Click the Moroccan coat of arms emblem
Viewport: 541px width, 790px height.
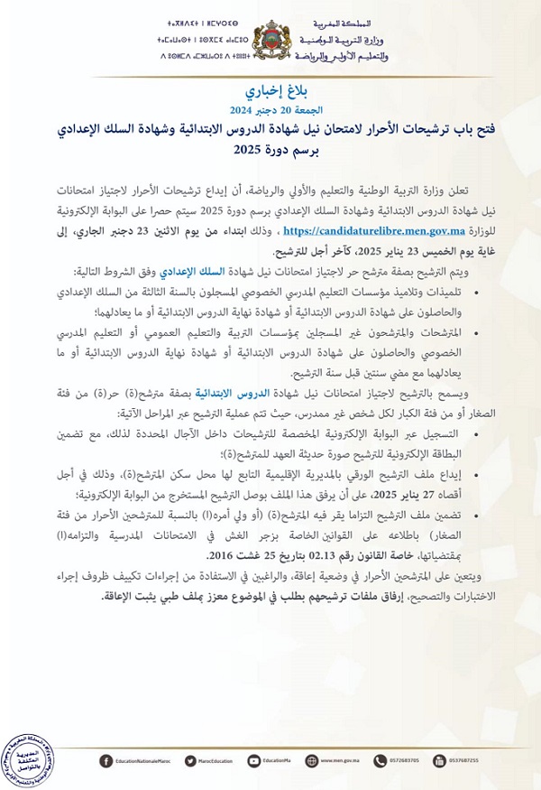click(x=270, y=42)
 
